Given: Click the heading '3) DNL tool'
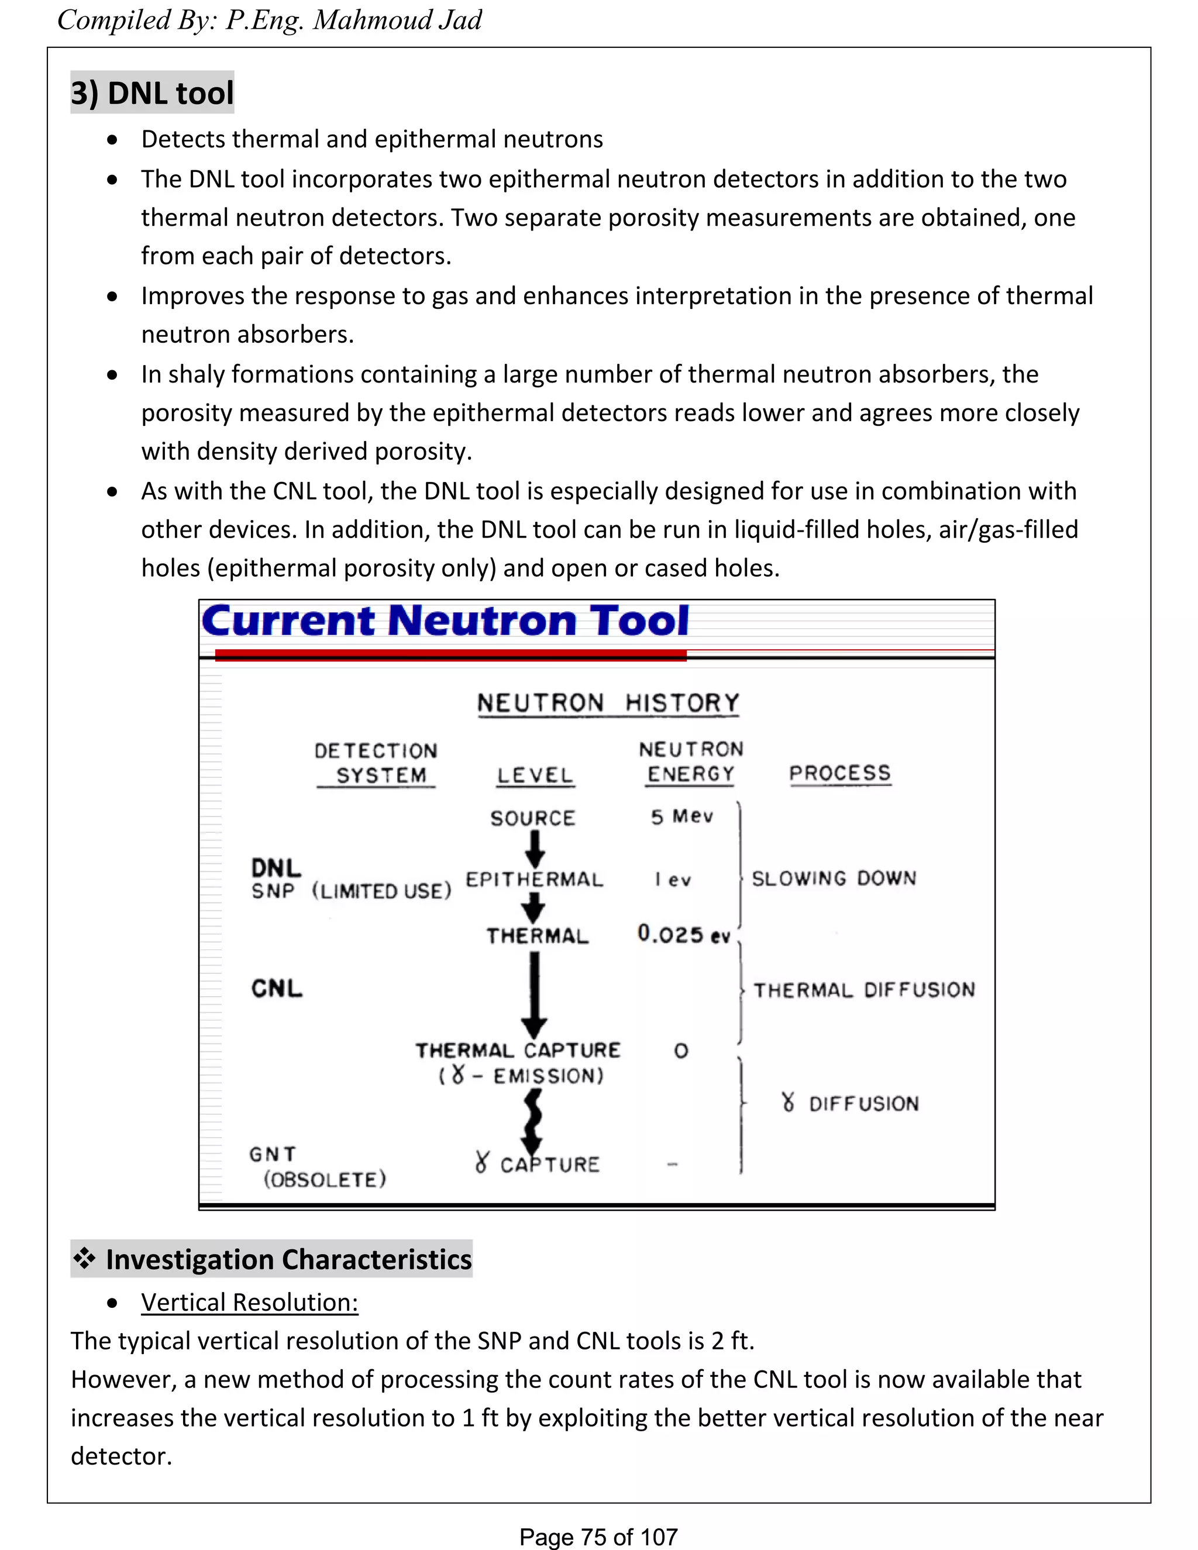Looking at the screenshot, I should (x=152, y=93).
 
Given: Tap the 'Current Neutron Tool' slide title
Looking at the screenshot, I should (x=445, y=621).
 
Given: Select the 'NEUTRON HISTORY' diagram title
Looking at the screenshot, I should (x=608, y=702).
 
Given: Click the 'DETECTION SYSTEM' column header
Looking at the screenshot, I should (x=376, y=763).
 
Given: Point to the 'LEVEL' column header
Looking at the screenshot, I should (x=535, y=775).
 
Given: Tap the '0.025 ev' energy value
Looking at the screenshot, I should (x=683, y=934).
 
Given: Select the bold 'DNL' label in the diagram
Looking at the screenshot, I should (x=276, y=867).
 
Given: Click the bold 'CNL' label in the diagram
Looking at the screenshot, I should (x=277, y=988).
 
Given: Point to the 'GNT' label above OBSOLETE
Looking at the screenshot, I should (x=273, y=1154).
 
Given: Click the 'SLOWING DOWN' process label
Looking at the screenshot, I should (x=834, y=879).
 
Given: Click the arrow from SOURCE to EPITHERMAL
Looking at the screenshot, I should (x=535, y=848).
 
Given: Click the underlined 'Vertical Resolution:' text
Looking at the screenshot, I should (x=250, y=1303).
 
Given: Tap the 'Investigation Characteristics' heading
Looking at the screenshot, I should (x=288, y=1260).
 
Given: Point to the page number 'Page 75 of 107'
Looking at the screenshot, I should (x=598, y=1537).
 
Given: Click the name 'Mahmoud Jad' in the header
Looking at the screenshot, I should (x=397, y=20).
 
